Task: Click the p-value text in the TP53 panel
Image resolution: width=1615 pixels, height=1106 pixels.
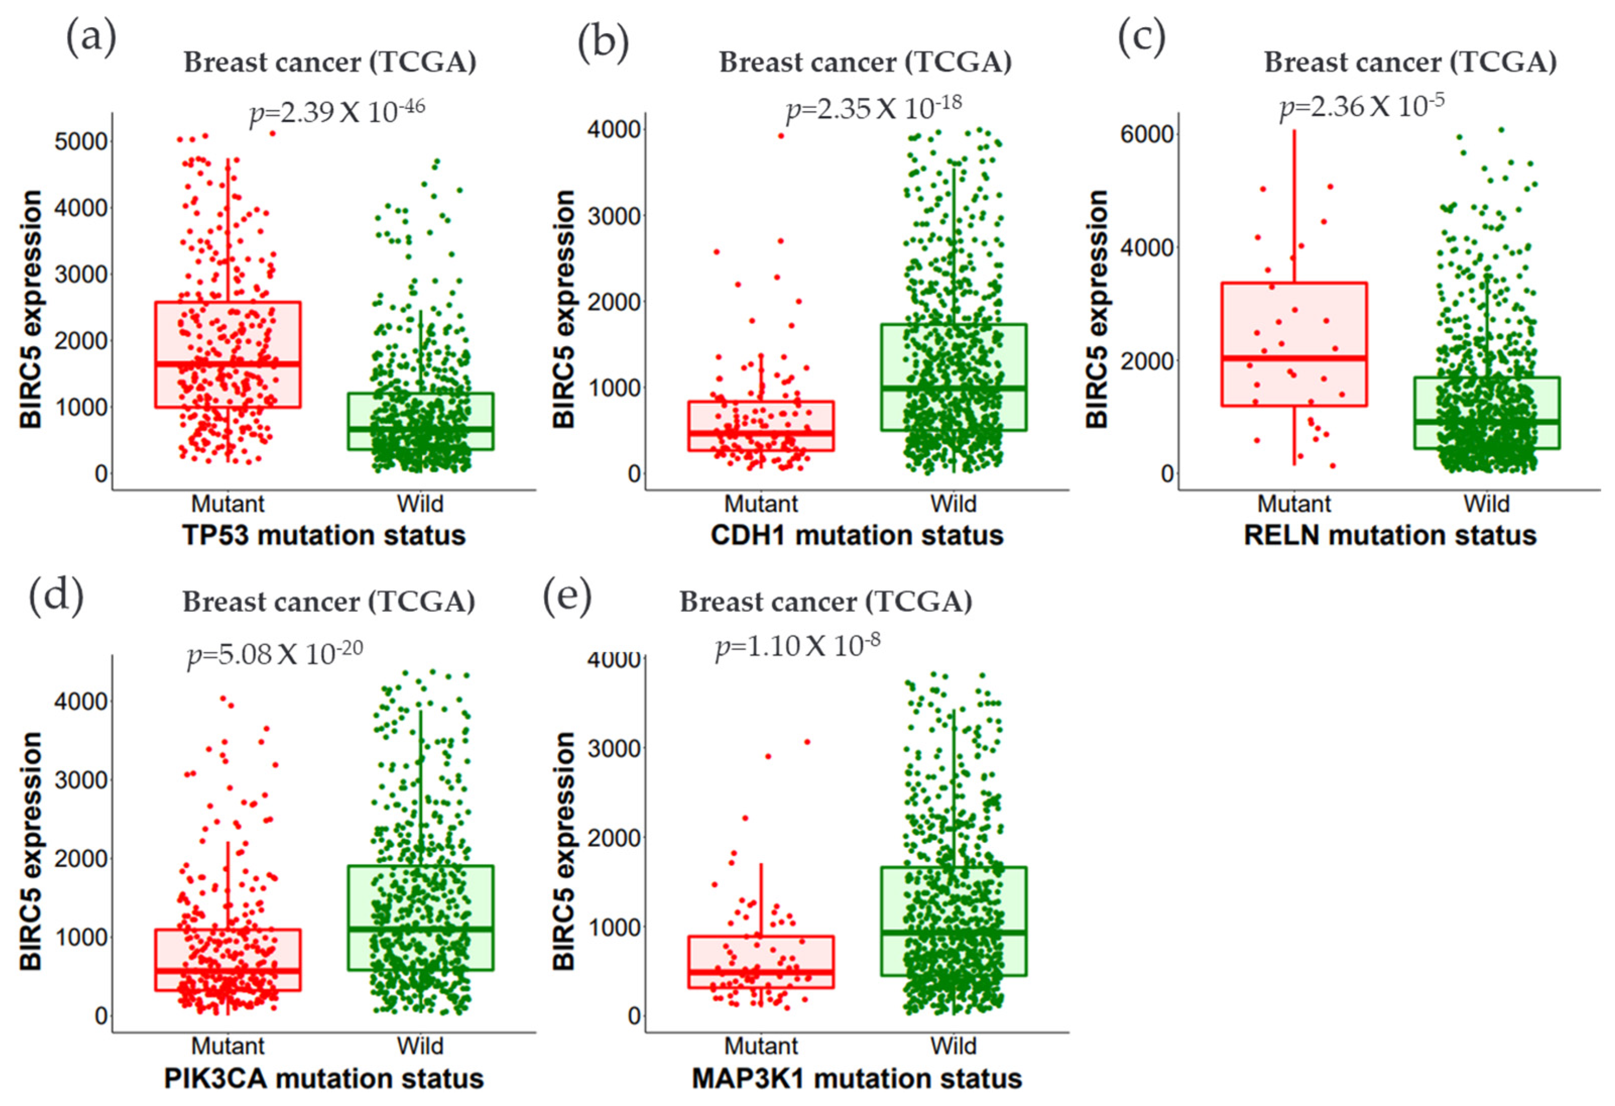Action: pyautogui.click(x=337, y=111)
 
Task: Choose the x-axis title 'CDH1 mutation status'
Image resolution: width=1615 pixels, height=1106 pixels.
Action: pyautogui.click(x=857, y=536)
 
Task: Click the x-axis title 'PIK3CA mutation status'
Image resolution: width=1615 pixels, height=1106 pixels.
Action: pyautogui.click(x=324, y=1078)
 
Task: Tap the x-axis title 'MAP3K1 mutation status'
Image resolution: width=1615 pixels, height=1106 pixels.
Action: pyautogui.click(x=857, y=1078)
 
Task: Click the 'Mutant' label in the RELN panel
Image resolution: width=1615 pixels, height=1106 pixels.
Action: pyautogui.click(x=1294, y=504)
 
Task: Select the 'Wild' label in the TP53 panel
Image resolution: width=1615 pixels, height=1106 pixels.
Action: pyautogui.click(x=420, y=504)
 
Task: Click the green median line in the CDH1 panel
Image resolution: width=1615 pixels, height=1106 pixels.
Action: pyautogui.click(x=954, y=388)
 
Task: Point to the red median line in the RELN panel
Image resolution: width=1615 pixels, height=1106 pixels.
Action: pyautogui.click(x=1294, y=358)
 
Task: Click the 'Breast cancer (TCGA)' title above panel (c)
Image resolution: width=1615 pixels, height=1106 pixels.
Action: pyautogui.click(x=1410, y=63)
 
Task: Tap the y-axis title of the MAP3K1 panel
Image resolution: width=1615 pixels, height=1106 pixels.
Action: pyautogui.click(x=564, y=851)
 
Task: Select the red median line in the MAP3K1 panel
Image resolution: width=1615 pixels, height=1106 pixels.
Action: pyautogui.click(x=761, y=972)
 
